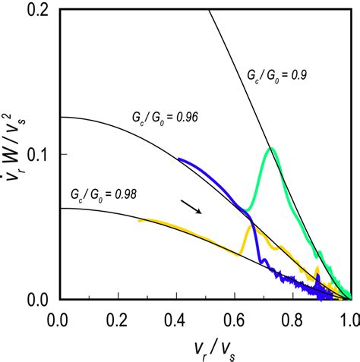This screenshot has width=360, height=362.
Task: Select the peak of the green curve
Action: (x=270, y=149)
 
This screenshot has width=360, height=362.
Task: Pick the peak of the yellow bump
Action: (x=250, y=225)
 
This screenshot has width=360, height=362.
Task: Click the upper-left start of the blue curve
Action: (x=178, y=159)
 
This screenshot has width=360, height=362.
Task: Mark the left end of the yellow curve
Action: (x=139, y=220)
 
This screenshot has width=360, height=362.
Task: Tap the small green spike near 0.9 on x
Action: (x=320, y=253)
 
